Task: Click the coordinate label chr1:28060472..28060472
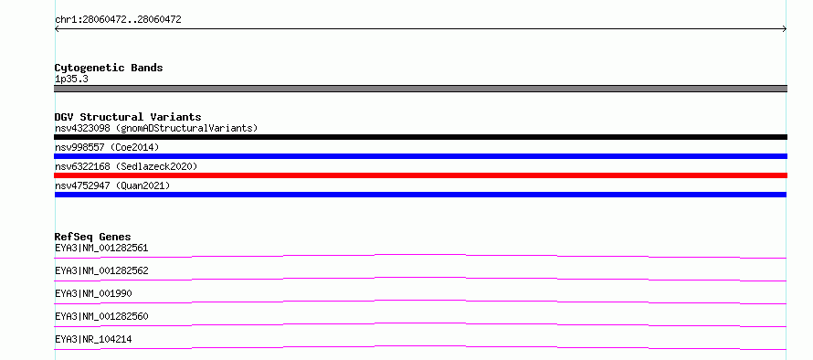click(118, 20)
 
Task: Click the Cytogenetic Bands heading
click(109, 68)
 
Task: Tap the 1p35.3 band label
click(71, 79)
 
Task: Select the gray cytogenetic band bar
click(420, 89)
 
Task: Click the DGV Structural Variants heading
click(128, 117)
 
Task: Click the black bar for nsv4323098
click(420, 137)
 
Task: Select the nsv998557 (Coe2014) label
click(107, 147)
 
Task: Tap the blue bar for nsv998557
click(420, 156)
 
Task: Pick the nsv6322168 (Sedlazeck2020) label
click(126, 166)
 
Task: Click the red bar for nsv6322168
click(420, 175)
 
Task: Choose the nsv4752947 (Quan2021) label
click(112, 185)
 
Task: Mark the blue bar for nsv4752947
click(420, 195)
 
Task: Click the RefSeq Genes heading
click(93, 237)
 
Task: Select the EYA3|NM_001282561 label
click(101, 248)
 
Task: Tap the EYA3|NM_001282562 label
click(101, 270)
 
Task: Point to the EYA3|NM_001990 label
click(93, 293)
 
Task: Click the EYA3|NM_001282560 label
click(101, 316)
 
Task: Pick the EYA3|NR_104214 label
click(93, 339)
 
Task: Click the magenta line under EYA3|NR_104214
click(420, 346)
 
